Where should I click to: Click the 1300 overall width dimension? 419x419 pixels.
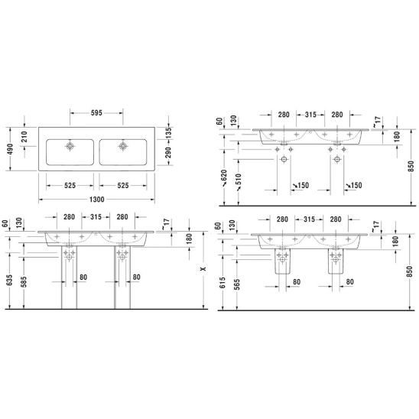tap(97, 200)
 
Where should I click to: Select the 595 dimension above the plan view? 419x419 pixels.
tap(96, 113)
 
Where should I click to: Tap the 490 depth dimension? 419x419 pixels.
tap(10, 149)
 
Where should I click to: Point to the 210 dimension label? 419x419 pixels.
tap(24, 137)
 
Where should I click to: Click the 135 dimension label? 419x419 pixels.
tap(168, 133)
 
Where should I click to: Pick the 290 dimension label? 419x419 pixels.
tap(168, 152)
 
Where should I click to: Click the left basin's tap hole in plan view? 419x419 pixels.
tap(70, 146)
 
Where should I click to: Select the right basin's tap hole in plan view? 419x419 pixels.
tap(123, 146)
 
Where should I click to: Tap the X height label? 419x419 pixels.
tap(203, 268)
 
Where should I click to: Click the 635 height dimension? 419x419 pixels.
tap(9, 280)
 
